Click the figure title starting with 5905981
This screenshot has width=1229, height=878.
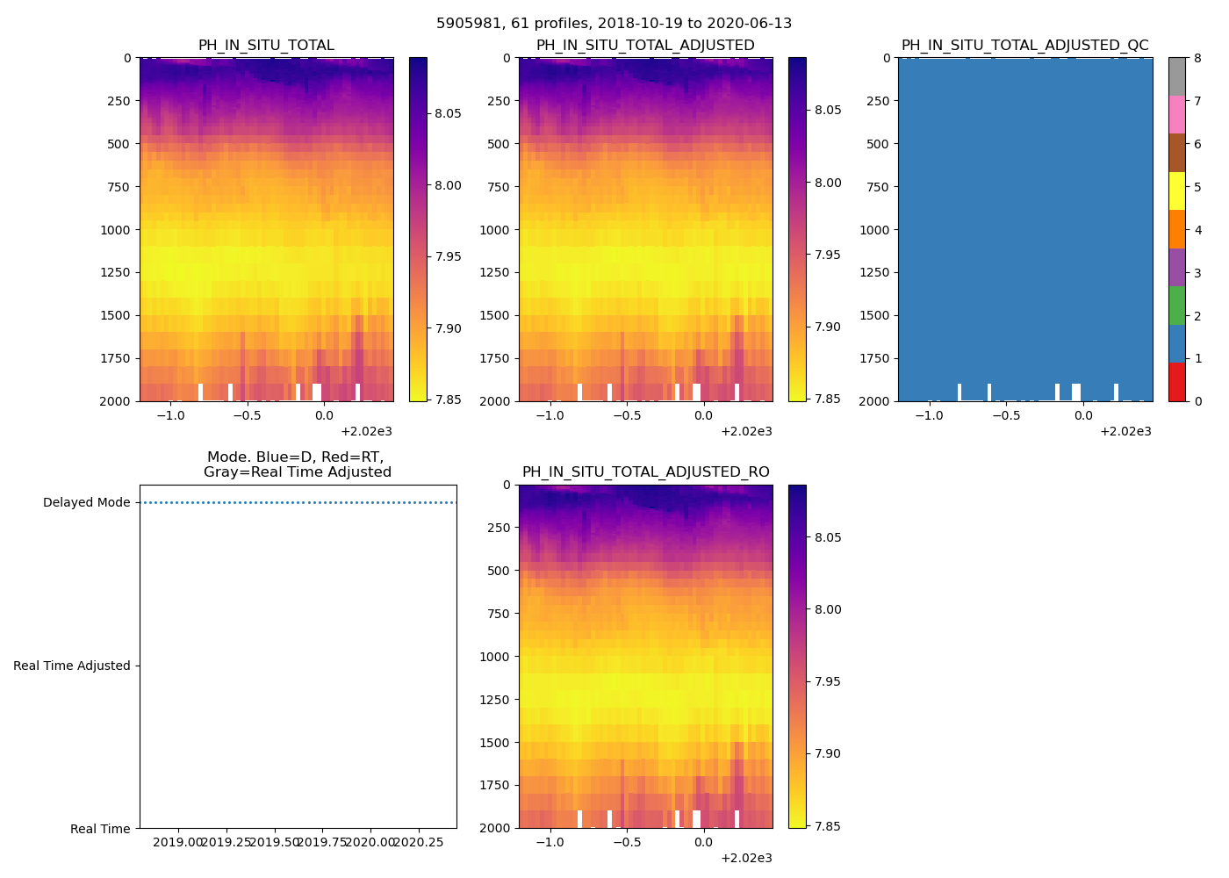pos(614,24)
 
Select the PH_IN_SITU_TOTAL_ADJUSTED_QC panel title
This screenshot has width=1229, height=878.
pos(1024,46)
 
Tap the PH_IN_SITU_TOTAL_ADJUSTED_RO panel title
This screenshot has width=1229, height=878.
pos(645,472)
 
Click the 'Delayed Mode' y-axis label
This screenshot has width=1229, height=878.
pos(86,503)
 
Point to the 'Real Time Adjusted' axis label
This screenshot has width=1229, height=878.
pos(72,666)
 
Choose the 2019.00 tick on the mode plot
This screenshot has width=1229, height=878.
pos(178,843)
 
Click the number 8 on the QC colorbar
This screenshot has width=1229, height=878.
pos(1198,59)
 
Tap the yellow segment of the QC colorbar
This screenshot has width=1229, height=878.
pos(1176,191)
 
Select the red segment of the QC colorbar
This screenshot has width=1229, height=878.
pos(1176,382)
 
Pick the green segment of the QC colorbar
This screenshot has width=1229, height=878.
pos(1176,306)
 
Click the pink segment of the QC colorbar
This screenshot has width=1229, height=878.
pos(1176,114)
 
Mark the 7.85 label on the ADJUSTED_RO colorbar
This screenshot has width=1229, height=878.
pos(827,826)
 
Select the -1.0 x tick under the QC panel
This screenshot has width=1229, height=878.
pos(929,416)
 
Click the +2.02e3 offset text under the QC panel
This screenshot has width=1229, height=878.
pos(1125,431)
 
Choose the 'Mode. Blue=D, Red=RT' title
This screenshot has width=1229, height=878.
pos(297,464)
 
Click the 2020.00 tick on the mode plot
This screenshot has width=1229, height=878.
pos(370,843)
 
